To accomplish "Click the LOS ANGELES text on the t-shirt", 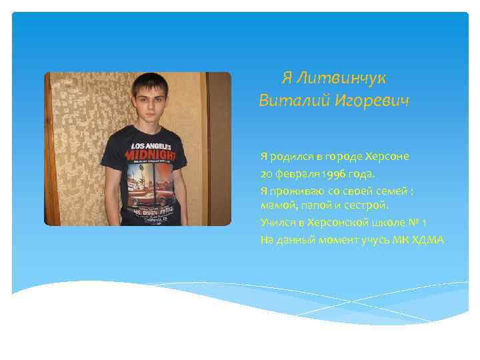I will (x=151, y=145).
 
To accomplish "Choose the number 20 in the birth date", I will (x=267, y=174).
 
